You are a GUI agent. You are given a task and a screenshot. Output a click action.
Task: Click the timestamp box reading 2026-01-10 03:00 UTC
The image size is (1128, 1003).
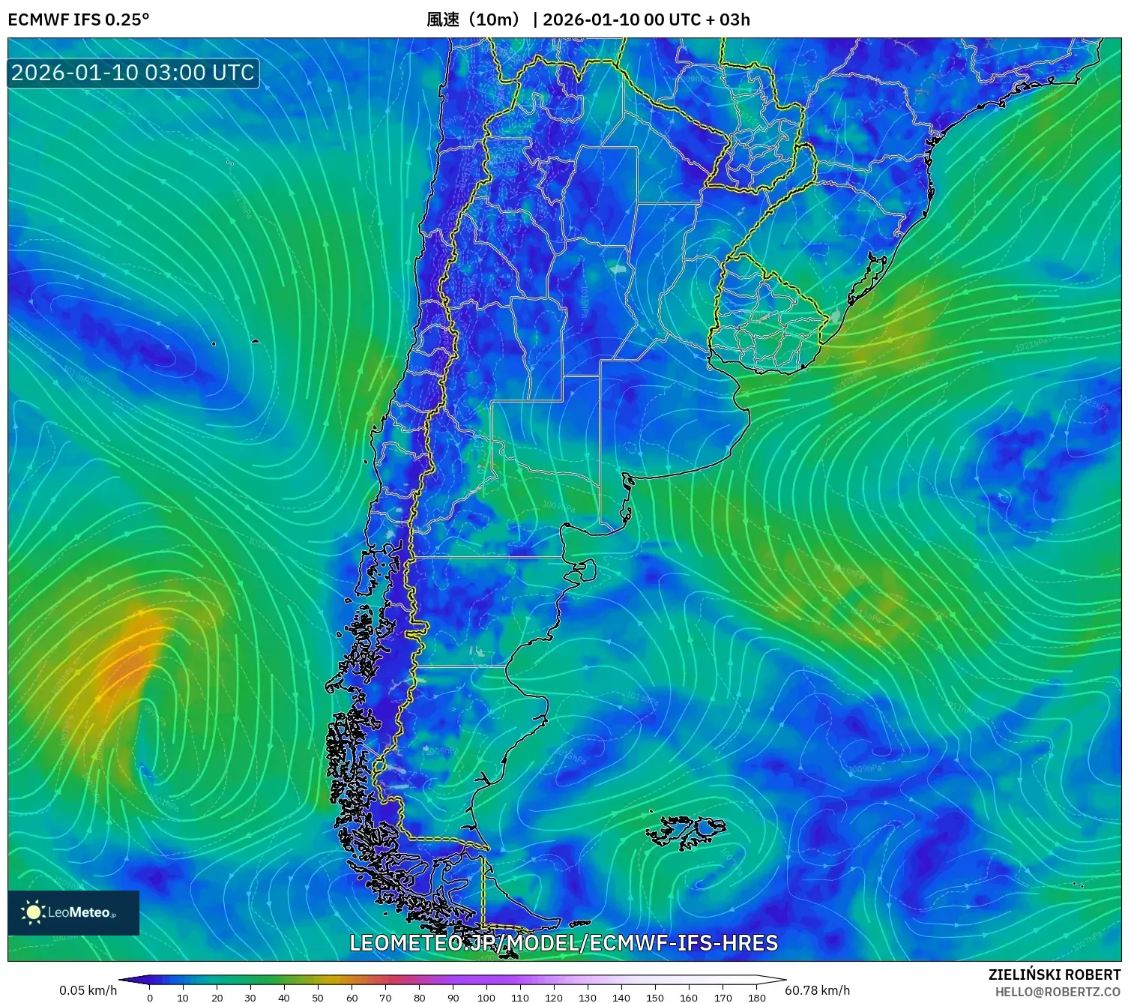point(133,73)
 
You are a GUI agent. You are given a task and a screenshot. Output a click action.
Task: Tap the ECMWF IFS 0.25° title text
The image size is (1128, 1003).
point(79,19)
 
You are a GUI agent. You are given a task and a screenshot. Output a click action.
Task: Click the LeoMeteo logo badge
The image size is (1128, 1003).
point(73,912)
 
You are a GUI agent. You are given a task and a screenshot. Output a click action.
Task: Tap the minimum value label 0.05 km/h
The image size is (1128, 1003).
point(88,990)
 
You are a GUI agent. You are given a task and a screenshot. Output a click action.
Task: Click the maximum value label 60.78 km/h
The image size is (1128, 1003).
point(817,990)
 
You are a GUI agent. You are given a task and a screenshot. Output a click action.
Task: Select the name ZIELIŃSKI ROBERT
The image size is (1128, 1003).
point(1055,975)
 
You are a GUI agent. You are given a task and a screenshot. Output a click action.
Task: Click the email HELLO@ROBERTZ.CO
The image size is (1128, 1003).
point(1058,992)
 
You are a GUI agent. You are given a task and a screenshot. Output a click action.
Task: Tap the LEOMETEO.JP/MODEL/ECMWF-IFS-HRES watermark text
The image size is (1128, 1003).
point(564,943)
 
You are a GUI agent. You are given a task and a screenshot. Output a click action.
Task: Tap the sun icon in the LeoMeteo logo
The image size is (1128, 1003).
point(34,912)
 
